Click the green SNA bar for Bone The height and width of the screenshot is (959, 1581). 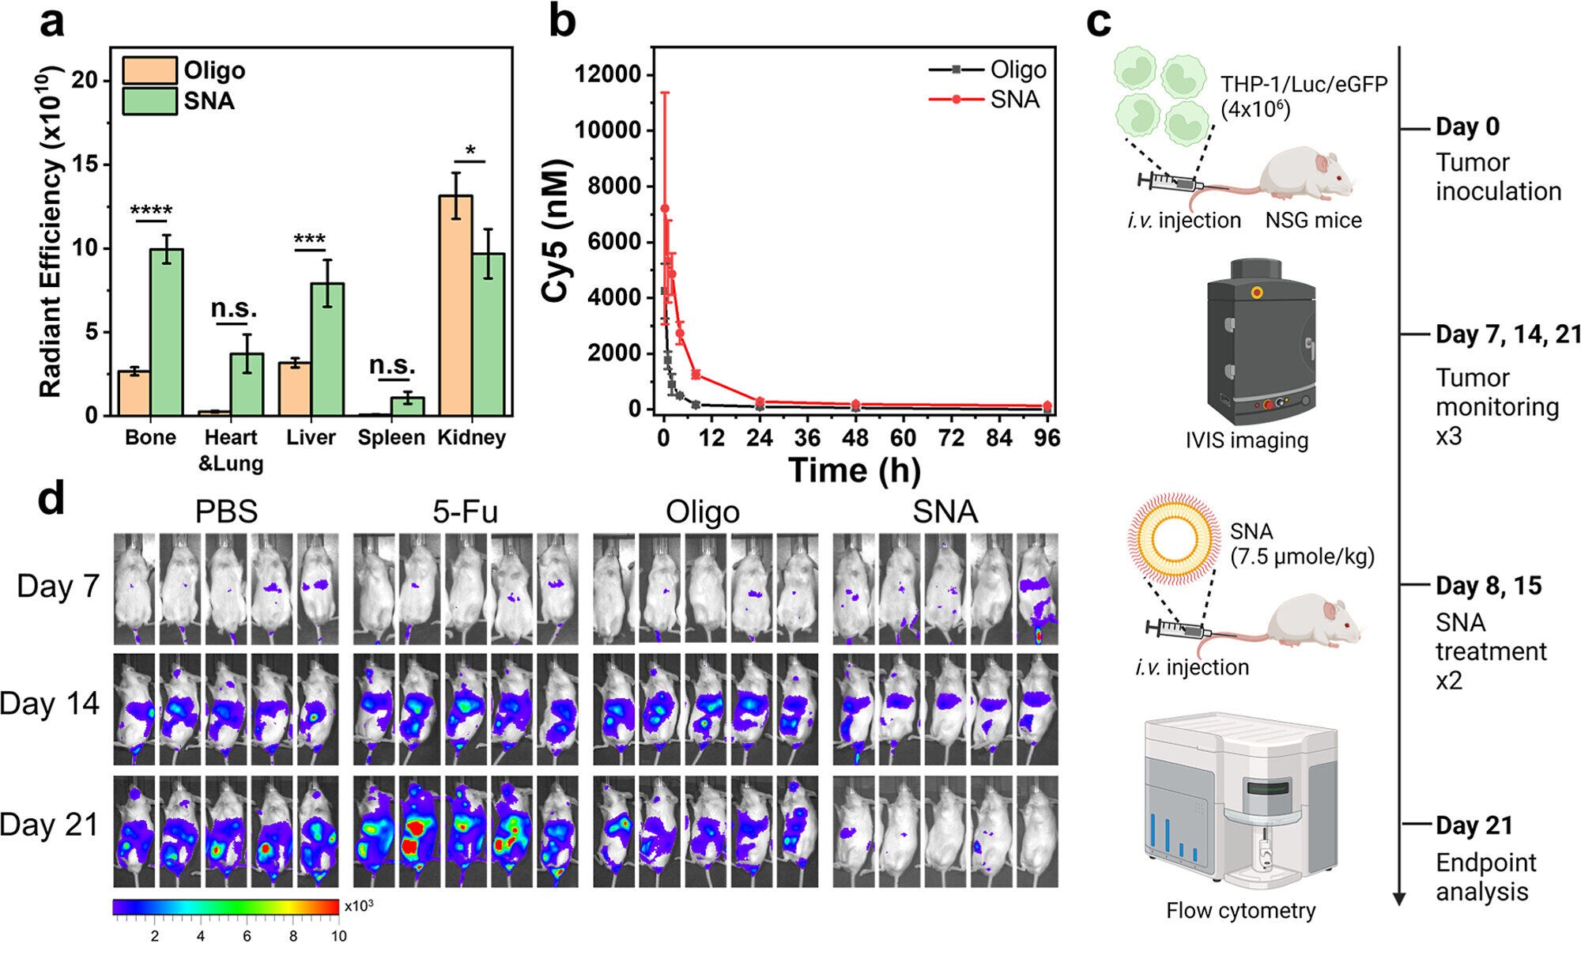(x=167, y=332)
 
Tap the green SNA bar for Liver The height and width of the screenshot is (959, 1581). (x=327, y=349)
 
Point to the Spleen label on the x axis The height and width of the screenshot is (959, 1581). (x=391, y=437)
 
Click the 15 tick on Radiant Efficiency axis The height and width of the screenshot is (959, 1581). (x=85, y=164)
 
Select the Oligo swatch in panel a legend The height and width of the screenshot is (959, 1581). (x=149, y=71)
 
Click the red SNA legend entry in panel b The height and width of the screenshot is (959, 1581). (x=985, y=100)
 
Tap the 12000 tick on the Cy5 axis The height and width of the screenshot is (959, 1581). (x=607, y=74)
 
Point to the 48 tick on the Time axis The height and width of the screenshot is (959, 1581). (x=855, y=437)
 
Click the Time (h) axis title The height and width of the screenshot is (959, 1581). (x=854, y=470)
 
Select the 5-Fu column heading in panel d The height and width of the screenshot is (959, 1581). (x=465, y=512)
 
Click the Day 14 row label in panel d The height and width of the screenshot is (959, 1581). (x=50, y=703)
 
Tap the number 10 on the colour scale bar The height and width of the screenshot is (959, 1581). (x=338, y=936)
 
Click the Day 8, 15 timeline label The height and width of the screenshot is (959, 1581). (x=1489, y=586)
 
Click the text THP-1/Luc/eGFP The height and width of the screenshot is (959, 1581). (x=1304, y=84)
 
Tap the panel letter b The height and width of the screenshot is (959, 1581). (x=561, y=21)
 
